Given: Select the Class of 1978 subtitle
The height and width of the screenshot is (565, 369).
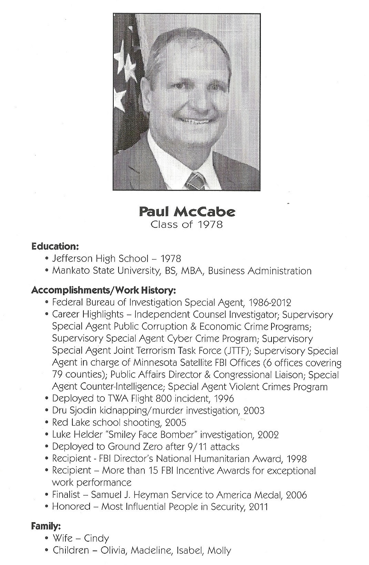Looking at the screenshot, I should (187, 224).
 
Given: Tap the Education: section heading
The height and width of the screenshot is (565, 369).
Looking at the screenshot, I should (55, 246).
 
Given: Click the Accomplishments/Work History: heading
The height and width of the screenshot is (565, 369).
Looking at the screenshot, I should (104, 290).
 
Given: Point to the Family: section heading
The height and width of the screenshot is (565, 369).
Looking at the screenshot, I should (46, 526).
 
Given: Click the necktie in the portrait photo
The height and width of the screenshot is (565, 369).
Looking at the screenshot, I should (196, 181).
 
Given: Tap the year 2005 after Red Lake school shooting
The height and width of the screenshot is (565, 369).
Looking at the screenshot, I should (176, 422).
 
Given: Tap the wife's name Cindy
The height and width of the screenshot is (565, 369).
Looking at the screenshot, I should (96, 538).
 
